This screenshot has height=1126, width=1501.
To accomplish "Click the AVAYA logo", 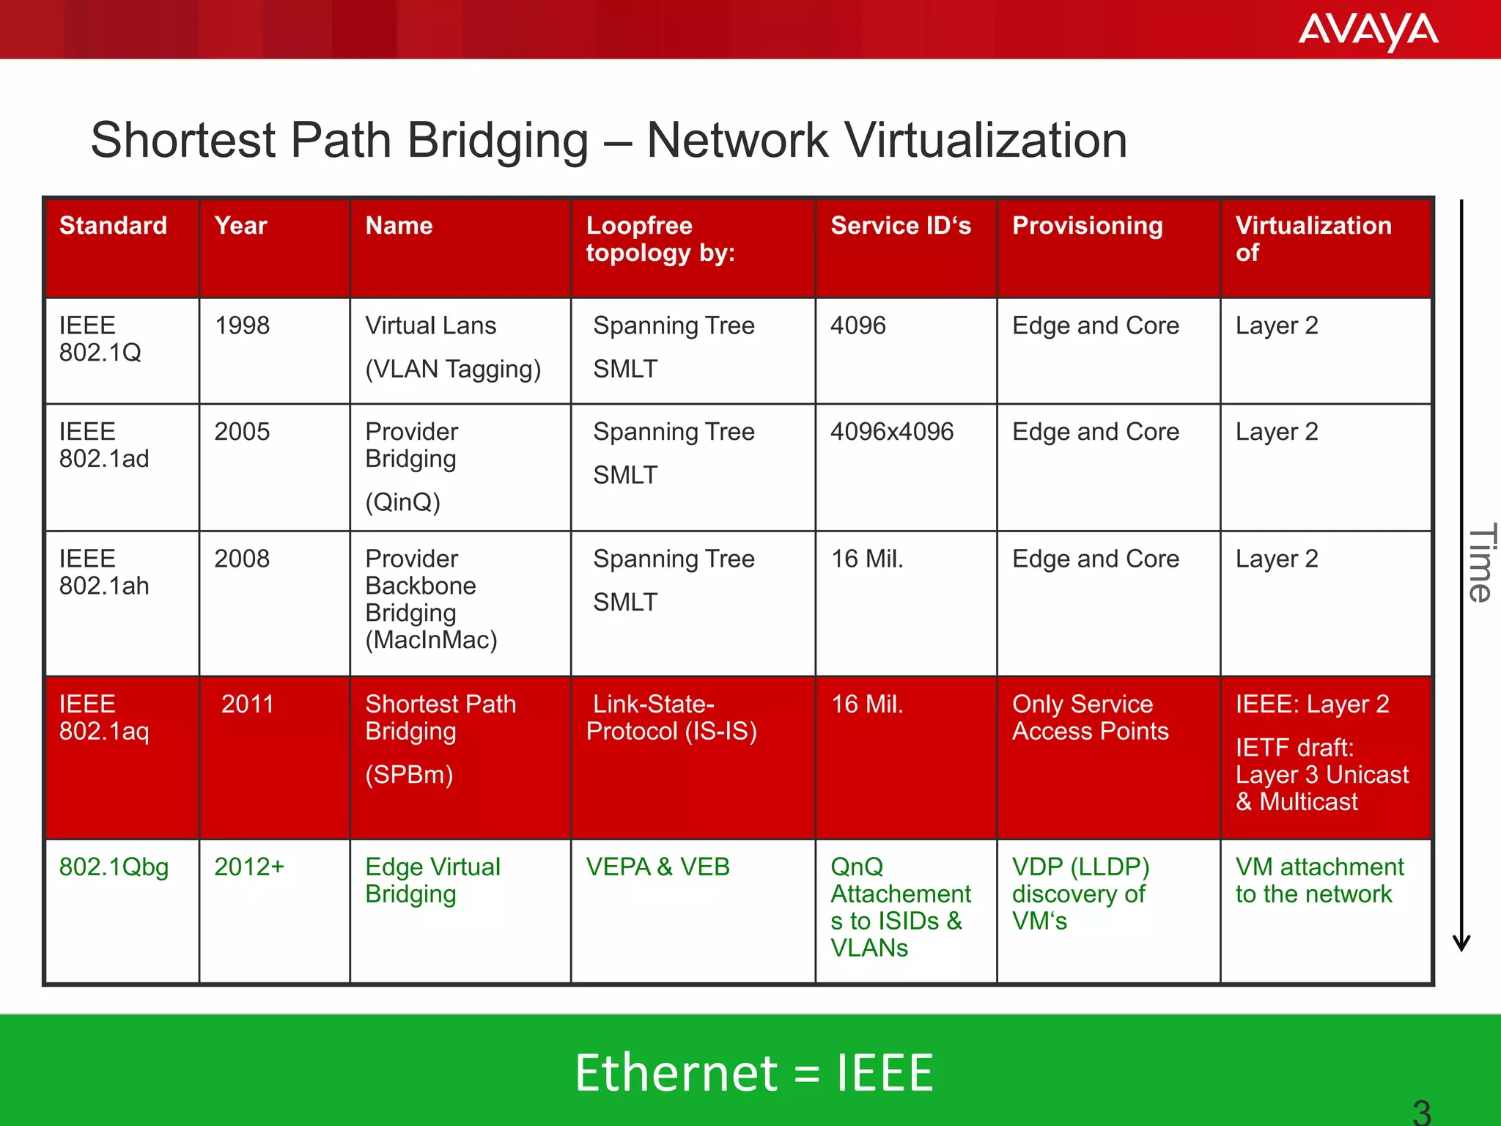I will (x=1368, y=31).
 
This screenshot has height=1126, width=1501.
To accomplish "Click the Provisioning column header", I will (x=1087, y=226).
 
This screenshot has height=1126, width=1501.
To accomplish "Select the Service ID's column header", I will (x=901, y=226).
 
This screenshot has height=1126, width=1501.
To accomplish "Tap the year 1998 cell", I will (x=242, y=325).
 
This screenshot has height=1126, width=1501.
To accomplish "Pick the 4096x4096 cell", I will (x=892, y=432).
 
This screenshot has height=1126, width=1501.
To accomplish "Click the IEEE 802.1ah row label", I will (x=104, y=573).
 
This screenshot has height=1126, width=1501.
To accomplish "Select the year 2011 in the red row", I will (x=247, y=704).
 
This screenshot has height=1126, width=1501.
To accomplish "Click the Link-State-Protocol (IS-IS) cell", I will (x=671, y=718).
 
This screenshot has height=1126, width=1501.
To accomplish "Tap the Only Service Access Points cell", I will (x=1090, y=718).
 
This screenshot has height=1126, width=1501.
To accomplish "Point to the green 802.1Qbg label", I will (x=114, y=867).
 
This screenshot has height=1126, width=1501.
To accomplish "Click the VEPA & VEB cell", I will (x=657, y=867).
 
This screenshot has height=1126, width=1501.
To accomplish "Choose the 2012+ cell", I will (x=249, y=867).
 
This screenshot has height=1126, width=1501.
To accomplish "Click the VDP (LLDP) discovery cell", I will (x=1080, y=894).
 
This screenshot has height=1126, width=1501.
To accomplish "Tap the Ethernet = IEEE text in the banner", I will (x=753, y=1073).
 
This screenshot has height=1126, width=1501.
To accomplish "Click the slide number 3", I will (x=1422, y=1112).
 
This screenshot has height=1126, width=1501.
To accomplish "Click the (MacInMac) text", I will (x=431, y=640).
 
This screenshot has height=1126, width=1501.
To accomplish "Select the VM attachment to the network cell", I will (x=1319, y=880).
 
